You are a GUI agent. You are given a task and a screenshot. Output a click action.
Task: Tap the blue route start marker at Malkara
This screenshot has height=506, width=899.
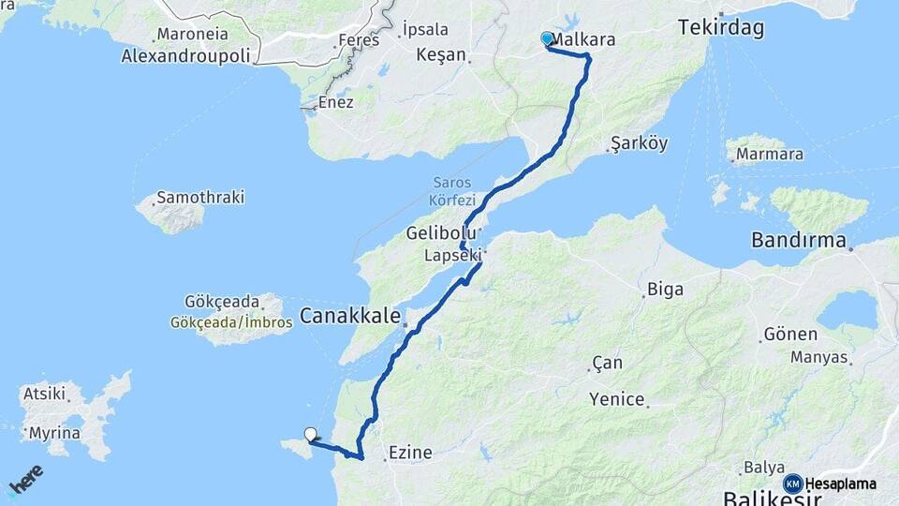(547, 38)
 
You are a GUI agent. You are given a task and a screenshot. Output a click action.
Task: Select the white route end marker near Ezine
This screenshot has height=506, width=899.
(310, 434)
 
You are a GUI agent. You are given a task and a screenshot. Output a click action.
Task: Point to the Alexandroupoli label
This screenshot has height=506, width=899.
(185, 56)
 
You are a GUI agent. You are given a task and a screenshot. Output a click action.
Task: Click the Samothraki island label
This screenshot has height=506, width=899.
(200, 198)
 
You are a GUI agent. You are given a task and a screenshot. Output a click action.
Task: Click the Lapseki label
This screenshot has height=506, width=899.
(451, 255)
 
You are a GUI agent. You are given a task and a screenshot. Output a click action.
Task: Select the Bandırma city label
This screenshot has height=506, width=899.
(799, 241)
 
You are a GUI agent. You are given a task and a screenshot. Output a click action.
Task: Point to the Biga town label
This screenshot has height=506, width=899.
(665, 289)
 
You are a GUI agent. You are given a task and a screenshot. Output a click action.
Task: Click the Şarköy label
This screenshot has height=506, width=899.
(639, 143)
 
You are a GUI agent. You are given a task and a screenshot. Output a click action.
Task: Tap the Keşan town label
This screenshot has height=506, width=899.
(439, 54)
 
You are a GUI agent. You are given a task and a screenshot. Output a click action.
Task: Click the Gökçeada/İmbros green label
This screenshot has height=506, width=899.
(231, 322)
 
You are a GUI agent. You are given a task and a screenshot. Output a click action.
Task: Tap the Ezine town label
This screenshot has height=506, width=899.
(409, 454)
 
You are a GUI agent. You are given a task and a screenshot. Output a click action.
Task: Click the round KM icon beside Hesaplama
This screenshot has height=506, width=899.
(792, 484)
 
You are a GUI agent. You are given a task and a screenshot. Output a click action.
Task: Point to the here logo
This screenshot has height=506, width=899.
(25, 480)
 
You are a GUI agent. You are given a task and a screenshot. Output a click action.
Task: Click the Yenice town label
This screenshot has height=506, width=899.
(617, 400)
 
